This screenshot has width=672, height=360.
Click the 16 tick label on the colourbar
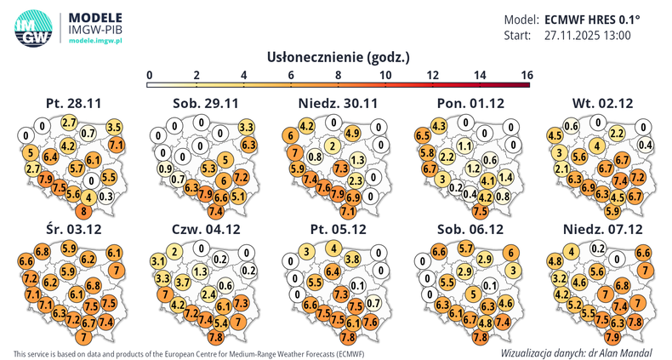click(526, 76)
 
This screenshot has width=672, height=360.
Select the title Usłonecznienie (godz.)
click(339, 57)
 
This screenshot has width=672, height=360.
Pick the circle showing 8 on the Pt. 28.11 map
click(84, 211)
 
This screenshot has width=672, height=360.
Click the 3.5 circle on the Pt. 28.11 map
click(114, 127)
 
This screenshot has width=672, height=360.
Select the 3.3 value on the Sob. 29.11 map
click(247, 127)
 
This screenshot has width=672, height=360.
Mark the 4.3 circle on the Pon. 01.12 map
click(440, 126)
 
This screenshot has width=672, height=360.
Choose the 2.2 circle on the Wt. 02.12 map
click(618, 133)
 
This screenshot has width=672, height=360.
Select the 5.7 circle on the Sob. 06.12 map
click(466, 248)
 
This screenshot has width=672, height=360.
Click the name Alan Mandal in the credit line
click(631, 351)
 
